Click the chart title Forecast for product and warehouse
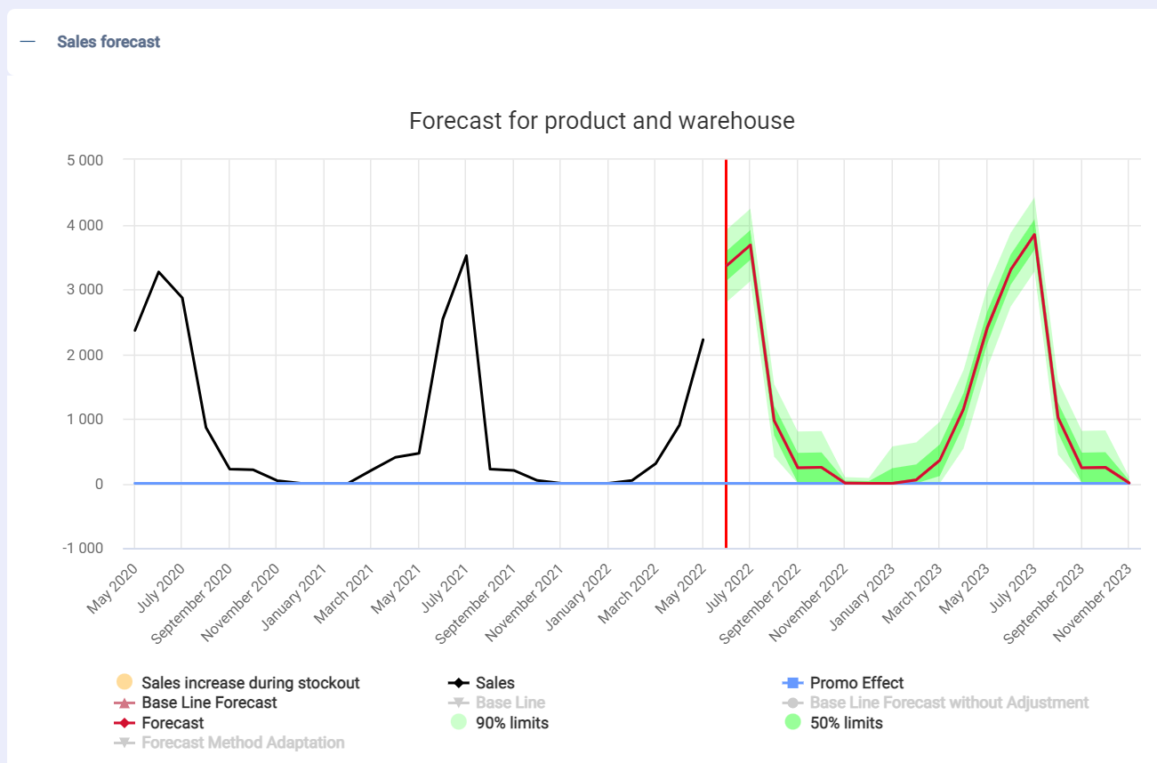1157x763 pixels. tap(601, 121)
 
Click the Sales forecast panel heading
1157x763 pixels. tap(108, 42)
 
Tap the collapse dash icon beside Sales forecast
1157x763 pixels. tap(28, 42)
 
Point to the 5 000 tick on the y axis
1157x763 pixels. tap(84, 161)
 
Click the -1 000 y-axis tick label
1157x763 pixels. tap(83, 549)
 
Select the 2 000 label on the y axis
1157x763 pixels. tap(84, 355)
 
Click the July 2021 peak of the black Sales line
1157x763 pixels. tap(466, 256)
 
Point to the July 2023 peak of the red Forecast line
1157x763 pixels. tap(1033, 235)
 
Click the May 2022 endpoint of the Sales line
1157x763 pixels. tap(703, 340)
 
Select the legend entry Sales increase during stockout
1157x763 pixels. tap(250, 683)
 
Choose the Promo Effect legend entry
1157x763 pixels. tap(856, 683)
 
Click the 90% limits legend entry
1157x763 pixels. tap(512, 723)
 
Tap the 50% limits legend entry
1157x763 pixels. tap(846, 723)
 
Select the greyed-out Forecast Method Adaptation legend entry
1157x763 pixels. tap(243, 743)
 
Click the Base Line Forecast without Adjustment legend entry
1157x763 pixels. tap(949, 703)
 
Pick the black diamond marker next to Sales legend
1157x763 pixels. tap(459, 683)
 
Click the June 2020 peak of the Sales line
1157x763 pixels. tap(158, 272)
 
